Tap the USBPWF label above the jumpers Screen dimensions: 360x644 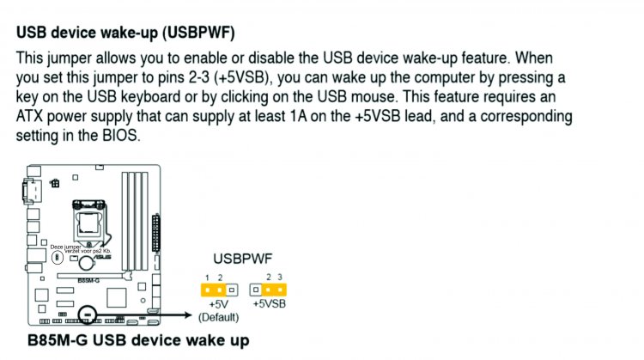point(243,258)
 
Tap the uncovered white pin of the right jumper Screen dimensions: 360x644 point(255,290)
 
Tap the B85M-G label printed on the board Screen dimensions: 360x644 point(88,280)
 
